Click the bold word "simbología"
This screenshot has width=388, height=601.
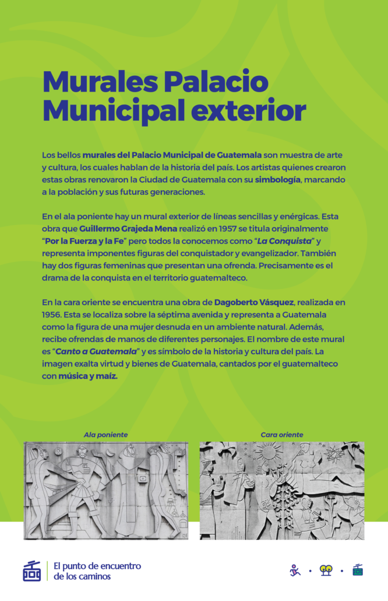coord(277,180)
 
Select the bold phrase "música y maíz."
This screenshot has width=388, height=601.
coord(88,376)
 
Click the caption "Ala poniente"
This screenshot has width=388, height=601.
coord(105,435)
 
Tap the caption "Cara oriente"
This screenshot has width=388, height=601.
coord(282,435)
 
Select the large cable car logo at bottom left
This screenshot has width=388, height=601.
coord(31,571)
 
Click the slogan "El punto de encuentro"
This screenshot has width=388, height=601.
coord(97,565)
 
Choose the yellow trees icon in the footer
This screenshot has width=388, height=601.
coord(326,570)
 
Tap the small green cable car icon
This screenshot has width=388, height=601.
coord(358,570)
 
